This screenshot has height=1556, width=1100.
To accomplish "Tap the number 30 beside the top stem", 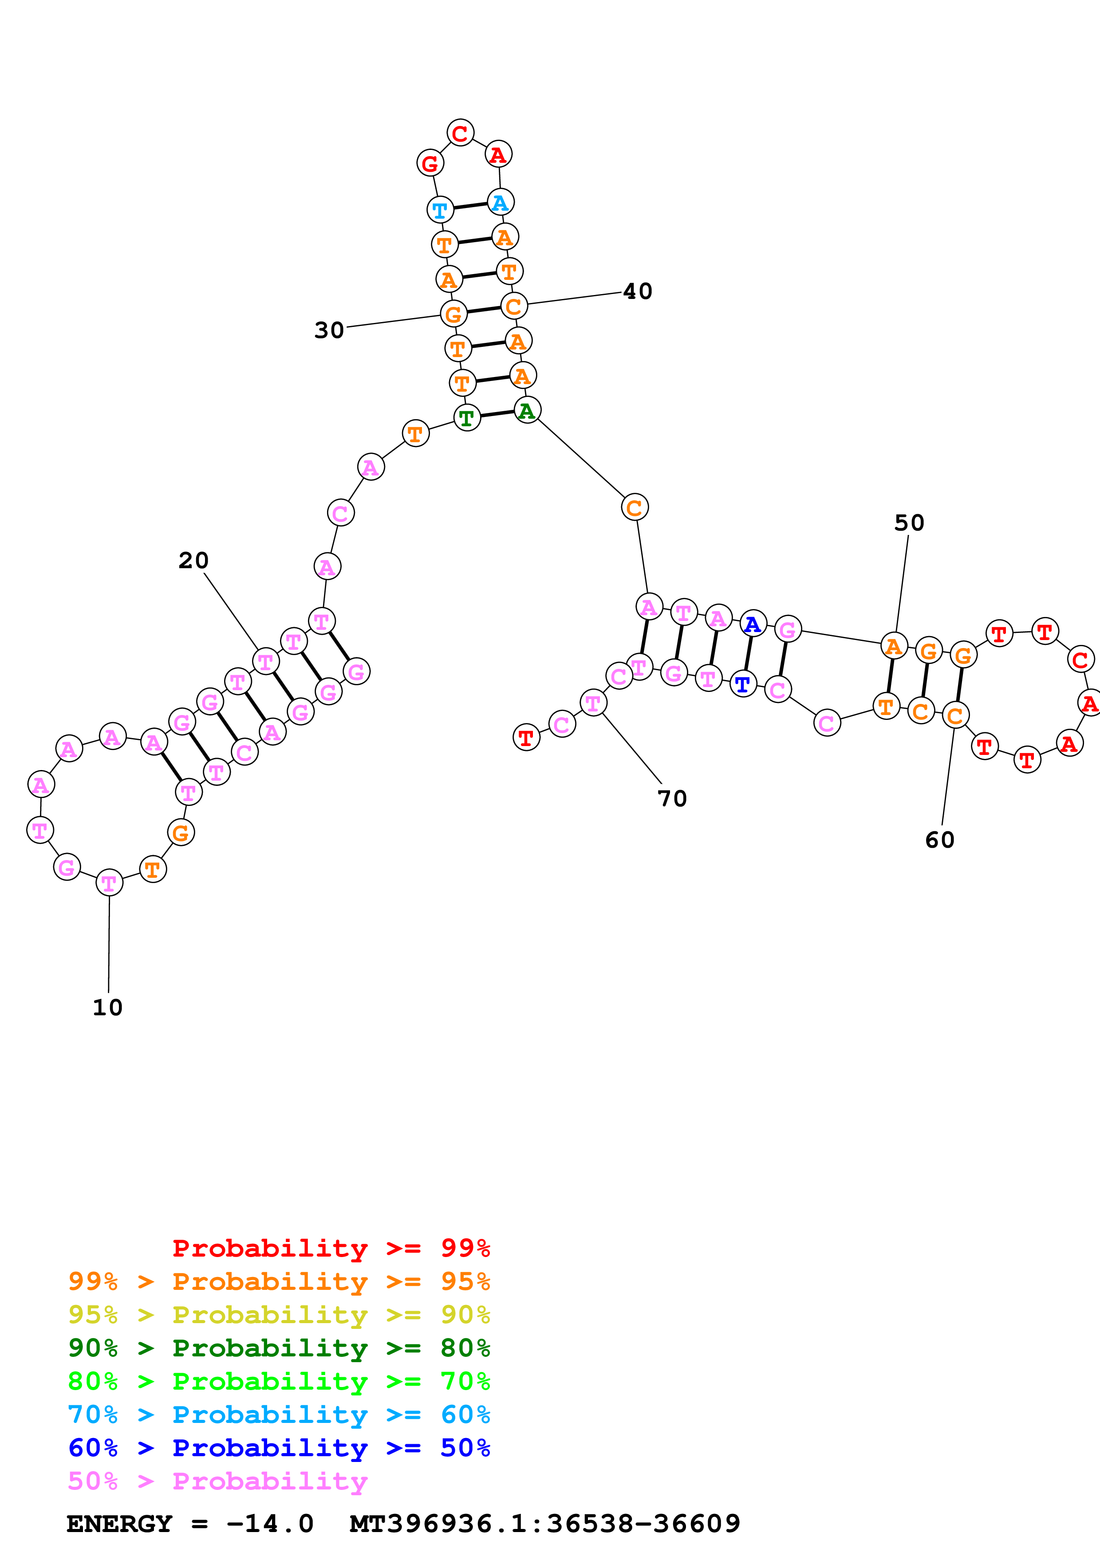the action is (329, 331).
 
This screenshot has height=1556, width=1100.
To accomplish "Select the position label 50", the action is (909, 523).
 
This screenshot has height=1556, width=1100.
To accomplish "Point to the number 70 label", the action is (672, 799).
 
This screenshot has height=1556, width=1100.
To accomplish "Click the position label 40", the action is (637, 291).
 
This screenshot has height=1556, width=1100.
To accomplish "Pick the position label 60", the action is (939, 841).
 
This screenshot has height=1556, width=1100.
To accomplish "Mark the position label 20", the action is (193, 561).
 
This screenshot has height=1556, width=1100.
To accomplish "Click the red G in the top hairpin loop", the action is (430, 163).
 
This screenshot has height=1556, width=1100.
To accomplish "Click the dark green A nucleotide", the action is (527, 410).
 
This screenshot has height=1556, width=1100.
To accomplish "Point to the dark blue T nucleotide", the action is (743, 684).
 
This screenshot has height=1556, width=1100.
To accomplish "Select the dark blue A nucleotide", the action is (752, 624).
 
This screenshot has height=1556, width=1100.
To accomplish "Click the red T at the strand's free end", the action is (526, 737).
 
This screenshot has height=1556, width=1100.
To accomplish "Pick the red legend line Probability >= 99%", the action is (331, 1248).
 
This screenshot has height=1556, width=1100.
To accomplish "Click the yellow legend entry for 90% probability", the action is (279, 1315).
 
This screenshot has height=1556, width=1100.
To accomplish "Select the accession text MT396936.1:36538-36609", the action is (545, 1524).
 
